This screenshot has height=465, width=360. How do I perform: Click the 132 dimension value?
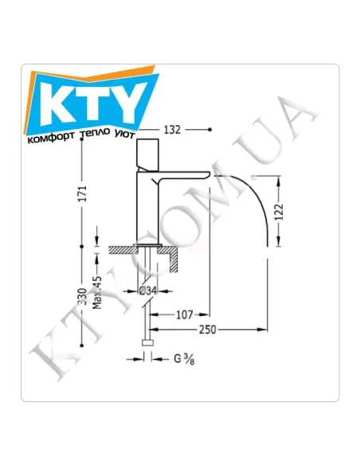coord(172,130)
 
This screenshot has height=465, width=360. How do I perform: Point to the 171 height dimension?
coord(83,194)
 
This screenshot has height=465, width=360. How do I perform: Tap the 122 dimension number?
coord(279,212)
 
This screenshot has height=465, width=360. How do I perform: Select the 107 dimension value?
coord(185,315)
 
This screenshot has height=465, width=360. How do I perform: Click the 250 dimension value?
coord(208,330)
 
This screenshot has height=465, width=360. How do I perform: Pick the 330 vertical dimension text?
coord(82,296)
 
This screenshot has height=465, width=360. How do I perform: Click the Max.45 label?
coord(97,293)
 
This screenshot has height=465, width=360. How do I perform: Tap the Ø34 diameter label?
coord(147,291)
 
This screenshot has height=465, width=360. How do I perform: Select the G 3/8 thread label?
coord(184,359)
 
